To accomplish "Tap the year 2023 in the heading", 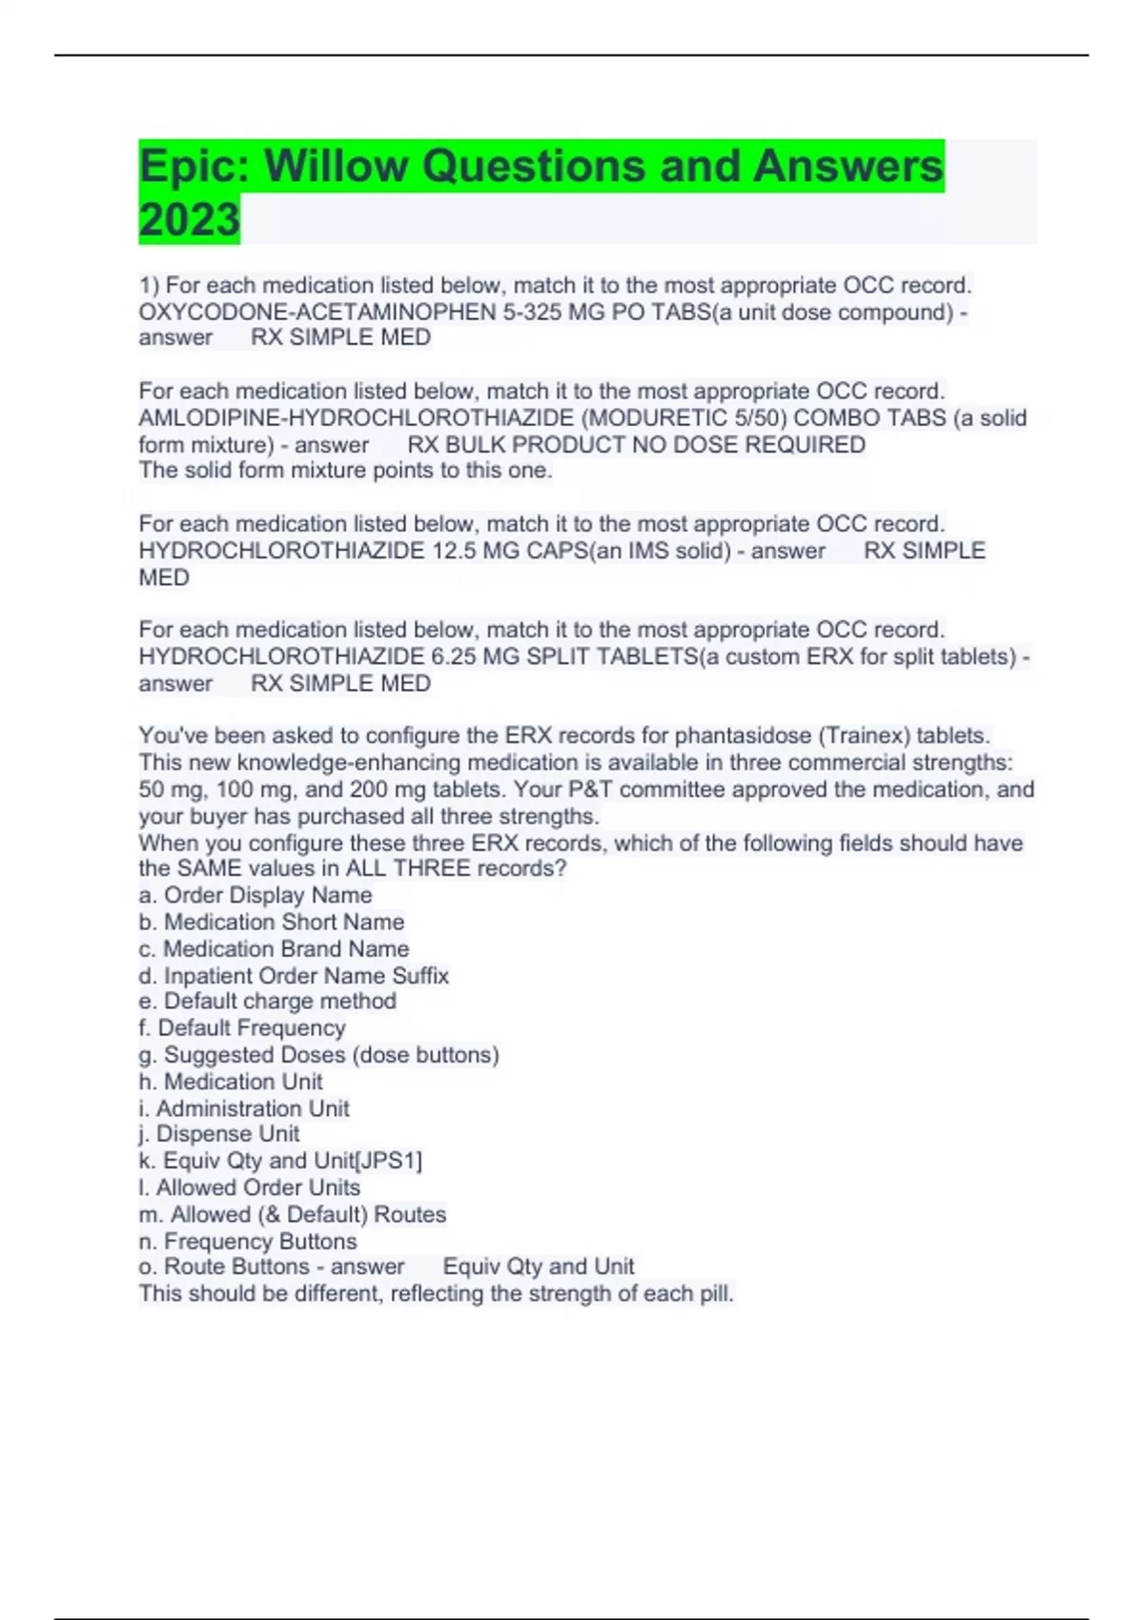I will pos(189,220).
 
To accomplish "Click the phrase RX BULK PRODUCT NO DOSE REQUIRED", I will pos(636,444).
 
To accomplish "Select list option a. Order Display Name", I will pos(255,895).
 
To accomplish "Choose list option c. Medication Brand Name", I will pos(274,948).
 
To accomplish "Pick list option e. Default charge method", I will pos(268,1001).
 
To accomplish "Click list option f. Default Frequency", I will pos(242,1027).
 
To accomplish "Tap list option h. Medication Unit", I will pos(231,1082).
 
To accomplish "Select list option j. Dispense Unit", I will pos(219,1134).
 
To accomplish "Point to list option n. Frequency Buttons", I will pos(248,1241).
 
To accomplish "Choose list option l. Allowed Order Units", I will pos(250,1187).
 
